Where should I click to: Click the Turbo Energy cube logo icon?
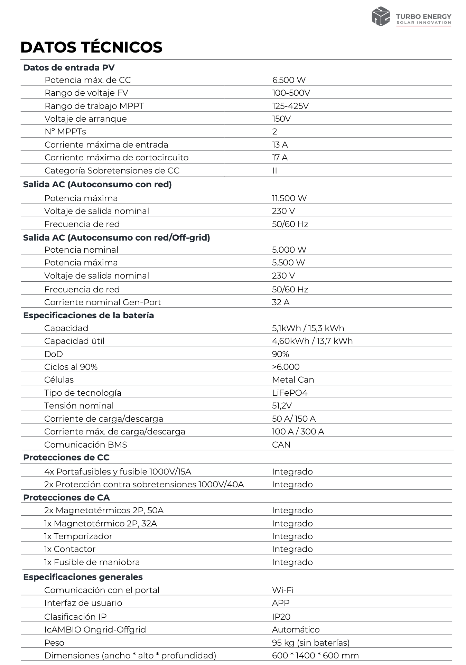tap(381, 16)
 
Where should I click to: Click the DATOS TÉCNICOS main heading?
tap(91, 47)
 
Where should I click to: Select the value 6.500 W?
tap(289, 80)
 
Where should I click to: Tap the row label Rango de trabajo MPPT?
tap(94, 106)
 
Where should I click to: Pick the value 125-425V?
tap(290, 106)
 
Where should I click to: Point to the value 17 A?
tap(280, 158)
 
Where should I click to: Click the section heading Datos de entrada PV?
tap(69, 67)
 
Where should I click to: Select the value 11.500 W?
tap(289, 198)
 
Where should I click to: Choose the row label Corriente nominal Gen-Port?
tap(103, 302)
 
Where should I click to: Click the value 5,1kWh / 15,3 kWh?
tap(308, 328)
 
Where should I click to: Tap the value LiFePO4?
tap(289, 393)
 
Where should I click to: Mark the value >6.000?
tap(286, 367)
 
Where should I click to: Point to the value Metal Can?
tap(293, 380)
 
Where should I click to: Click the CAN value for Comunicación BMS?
tap(281, 445)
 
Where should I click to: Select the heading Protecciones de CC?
tap(66, 458)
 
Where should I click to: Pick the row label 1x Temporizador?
tap(78, 536)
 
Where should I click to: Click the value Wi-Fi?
tap(282, 590)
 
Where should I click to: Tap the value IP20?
tap(281, 617)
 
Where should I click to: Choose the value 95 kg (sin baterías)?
tap(310, 643)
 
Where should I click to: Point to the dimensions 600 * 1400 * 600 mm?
tap(315, 656)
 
